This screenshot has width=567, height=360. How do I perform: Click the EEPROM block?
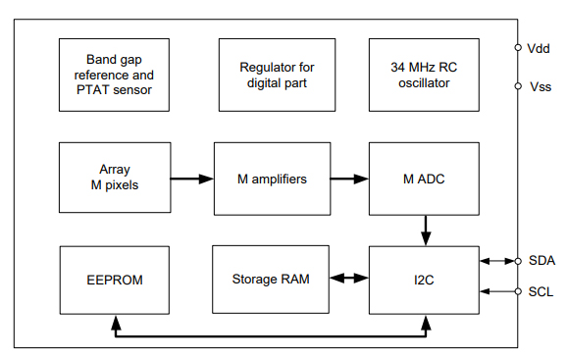coord(114,280)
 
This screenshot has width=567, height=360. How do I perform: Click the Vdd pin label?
coord(540,47)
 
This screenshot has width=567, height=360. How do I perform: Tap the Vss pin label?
coord(540,86)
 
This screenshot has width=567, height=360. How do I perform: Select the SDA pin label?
coord(541,261)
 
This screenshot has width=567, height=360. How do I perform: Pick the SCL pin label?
coord(541,291)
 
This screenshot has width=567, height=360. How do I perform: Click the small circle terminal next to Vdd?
coord(518,47)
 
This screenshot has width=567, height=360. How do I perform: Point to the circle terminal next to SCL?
coord(518,291)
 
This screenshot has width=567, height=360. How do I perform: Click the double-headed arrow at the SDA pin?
coord(498,261)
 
